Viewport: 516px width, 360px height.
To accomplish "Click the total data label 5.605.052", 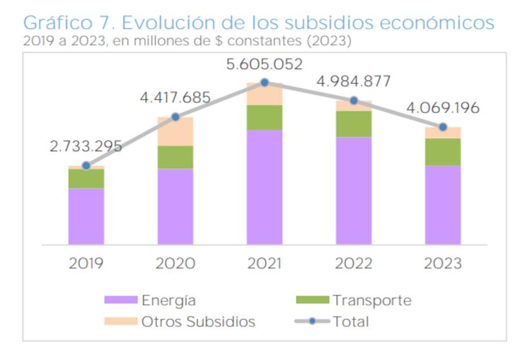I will [x=264, y=65].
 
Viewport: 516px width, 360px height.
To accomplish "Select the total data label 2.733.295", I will [x=86, y=146].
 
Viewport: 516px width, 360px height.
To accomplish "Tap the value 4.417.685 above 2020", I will [x=175, y=98].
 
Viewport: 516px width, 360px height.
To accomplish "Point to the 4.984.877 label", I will [x=354, y=82].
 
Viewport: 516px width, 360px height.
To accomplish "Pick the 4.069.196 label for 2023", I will [x=443, y=108].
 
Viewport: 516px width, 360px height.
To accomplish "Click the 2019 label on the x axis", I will [x=86, y=264].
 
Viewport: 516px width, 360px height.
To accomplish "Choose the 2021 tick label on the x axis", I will [x=264, y=264].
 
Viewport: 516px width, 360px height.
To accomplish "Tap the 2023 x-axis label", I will [x=443, y=264].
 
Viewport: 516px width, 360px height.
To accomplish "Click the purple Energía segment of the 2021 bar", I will [x=264, y=187].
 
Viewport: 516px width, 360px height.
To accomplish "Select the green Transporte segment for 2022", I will [x=354, y=124].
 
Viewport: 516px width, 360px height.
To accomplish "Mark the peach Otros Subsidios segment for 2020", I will [x=175, y=132].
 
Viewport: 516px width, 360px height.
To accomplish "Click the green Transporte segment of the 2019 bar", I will [x=86, y=179].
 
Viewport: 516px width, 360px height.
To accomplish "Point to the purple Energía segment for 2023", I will [x=443, y=205].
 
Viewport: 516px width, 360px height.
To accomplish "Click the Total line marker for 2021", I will [x=264, y=83].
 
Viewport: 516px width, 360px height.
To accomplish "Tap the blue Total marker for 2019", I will [x=86, y=166].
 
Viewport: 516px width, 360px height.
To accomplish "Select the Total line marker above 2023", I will [x=443, y=127].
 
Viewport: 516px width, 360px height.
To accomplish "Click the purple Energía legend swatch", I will [x=121, y=300].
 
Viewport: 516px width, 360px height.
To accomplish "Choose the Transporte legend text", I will [x=372, y=300].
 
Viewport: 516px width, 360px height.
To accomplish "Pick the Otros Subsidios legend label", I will [x=199, y=321].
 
